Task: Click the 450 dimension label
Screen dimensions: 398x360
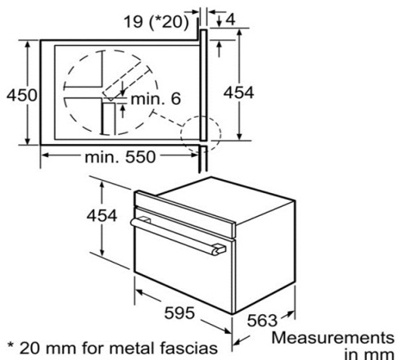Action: [22, 95]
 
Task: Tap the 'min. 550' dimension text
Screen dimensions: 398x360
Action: [120, 157]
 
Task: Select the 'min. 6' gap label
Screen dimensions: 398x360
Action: [156, 99]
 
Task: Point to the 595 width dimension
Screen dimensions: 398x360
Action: [179, 313]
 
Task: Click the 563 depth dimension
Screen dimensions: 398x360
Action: [262, 321]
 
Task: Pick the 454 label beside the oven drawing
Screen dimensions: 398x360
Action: [102, 216]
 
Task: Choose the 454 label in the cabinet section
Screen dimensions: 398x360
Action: [238, 92]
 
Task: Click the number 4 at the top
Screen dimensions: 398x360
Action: [231, 20]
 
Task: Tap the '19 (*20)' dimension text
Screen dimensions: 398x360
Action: [156, 21]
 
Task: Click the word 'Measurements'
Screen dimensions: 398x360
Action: [333, 338]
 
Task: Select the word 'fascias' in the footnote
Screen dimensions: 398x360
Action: [188, 349]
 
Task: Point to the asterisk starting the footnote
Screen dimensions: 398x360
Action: [11, 345]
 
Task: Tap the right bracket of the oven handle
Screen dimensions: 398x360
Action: [219, 250]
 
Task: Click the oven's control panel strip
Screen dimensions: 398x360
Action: [185, 214]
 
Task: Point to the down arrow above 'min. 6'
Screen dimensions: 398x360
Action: [123, 88]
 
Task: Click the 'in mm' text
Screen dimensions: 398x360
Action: [369, 354]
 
